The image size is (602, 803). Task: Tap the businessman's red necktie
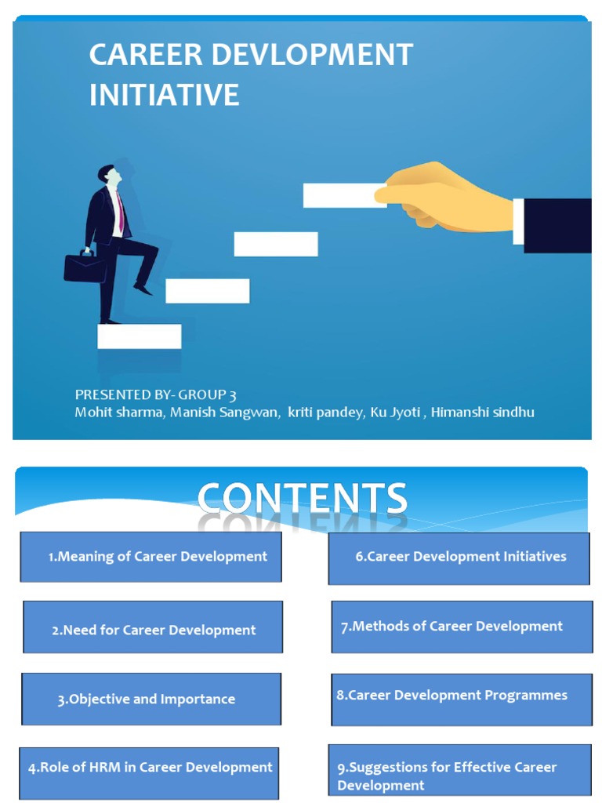coord(120,211)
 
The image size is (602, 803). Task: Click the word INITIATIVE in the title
coord(164,95)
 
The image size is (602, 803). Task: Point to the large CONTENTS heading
coord(302,500)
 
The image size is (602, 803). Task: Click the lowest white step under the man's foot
coord(140,336)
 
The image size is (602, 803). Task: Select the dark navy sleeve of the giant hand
coord(557,226)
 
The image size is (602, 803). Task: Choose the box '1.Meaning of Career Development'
coord(150,557)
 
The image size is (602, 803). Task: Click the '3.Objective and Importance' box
coord(150,699)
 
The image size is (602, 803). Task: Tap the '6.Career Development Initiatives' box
coord(459,557)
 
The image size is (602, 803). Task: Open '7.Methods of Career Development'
coord(461,627)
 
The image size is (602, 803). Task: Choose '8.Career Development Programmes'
coord(461,696)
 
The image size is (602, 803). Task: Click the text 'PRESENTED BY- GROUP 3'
coord(155,394)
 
